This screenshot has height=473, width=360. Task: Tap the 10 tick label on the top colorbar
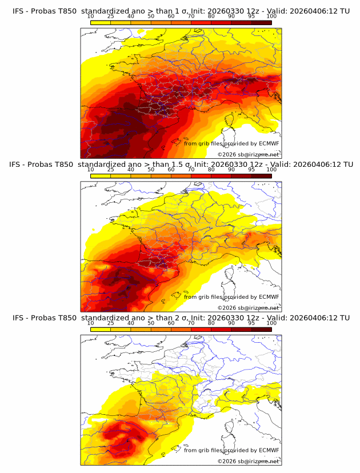(90, 17)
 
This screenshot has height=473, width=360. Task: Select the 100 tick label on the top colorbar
(271, 17)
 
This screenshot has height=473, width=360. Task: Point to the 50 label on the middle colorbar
(151, 170)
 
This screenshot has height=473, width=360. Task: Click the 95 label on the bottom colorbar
(251, 323)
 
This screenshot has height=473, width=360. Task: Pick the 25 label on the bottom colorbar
(110, 323)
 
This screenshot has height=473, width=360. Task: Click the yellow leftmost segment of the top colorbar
(100, 22)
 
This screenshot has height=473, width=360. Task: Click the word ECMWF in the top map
(269, 143)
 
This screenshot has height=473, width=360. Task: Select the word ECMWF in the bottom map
(269, 451)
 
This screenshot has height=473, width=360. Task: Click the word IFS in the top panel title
(19, 11)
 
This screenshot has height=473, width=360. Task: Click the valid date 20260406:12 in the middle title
(315, 165)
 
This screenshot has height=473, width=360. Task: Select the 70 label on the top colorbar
(191, 17)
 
